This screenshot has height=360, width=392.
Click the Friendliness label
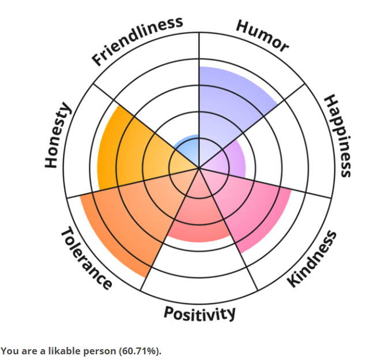tap(137, 40)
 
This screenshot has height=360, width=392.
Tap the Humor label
tap(262, 36)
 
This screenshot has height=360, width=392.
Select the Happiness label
tap(338, 136)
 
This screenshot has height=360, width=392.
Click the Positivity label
tap(199, 313)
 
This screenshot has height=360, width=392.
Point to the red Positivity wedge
tap(196, 216)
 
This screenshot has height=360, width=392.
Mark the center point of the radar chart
tap(199, 168)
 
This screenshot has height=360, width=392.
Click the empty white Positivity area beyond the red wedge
tap(199, 271)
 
